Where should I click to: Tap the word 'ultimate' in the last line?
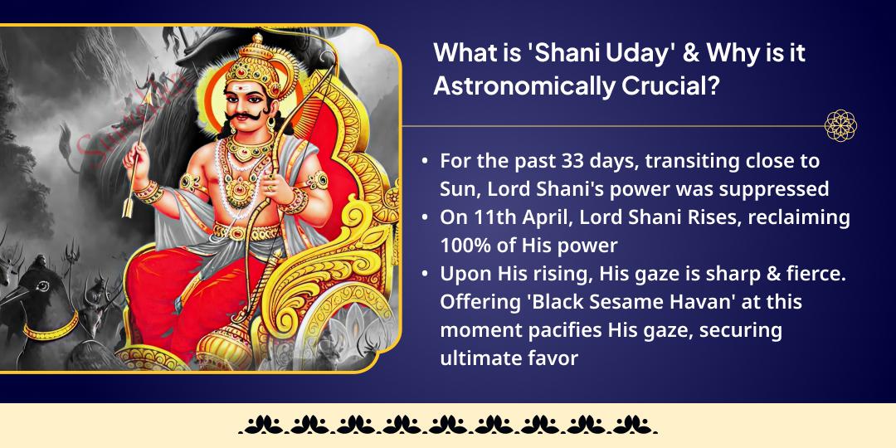[x=476, y=358]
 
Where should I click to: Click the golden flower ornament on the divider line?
[x=840, y=126]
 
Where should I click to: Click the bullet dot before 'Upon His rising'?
[x=426, y=274]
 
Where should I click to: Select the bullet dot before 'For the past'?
[x=426, y=160]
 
